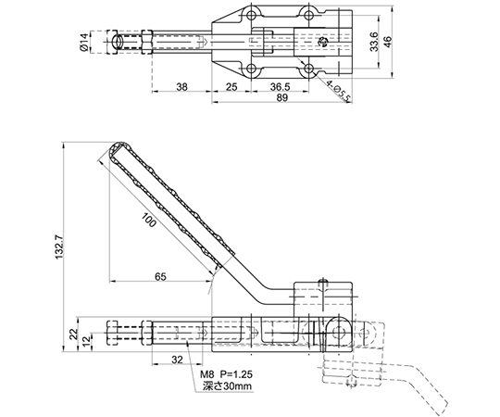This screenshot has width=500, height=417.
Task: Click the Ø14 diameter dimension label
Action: (83, 42)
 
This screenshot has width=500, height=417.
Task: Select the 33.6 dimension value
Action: (374, 42)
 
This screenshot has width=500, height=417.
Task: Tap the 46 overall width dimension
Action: (387, 42)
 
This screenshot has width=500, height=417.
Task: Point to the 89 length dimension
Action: (281, 97)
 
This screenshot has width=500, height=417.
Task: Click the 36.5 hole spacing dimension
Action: (281, 86)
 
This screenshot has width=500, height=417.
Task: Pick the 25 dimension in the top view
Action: (231, 86)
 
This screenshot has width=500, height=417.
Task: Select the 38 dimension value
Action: (181, 86)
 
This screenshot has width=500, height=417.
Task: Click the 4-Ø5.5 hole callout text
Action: (338, 91)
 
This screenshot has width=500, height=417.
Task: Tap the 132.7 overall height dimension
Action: (59, 247)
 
